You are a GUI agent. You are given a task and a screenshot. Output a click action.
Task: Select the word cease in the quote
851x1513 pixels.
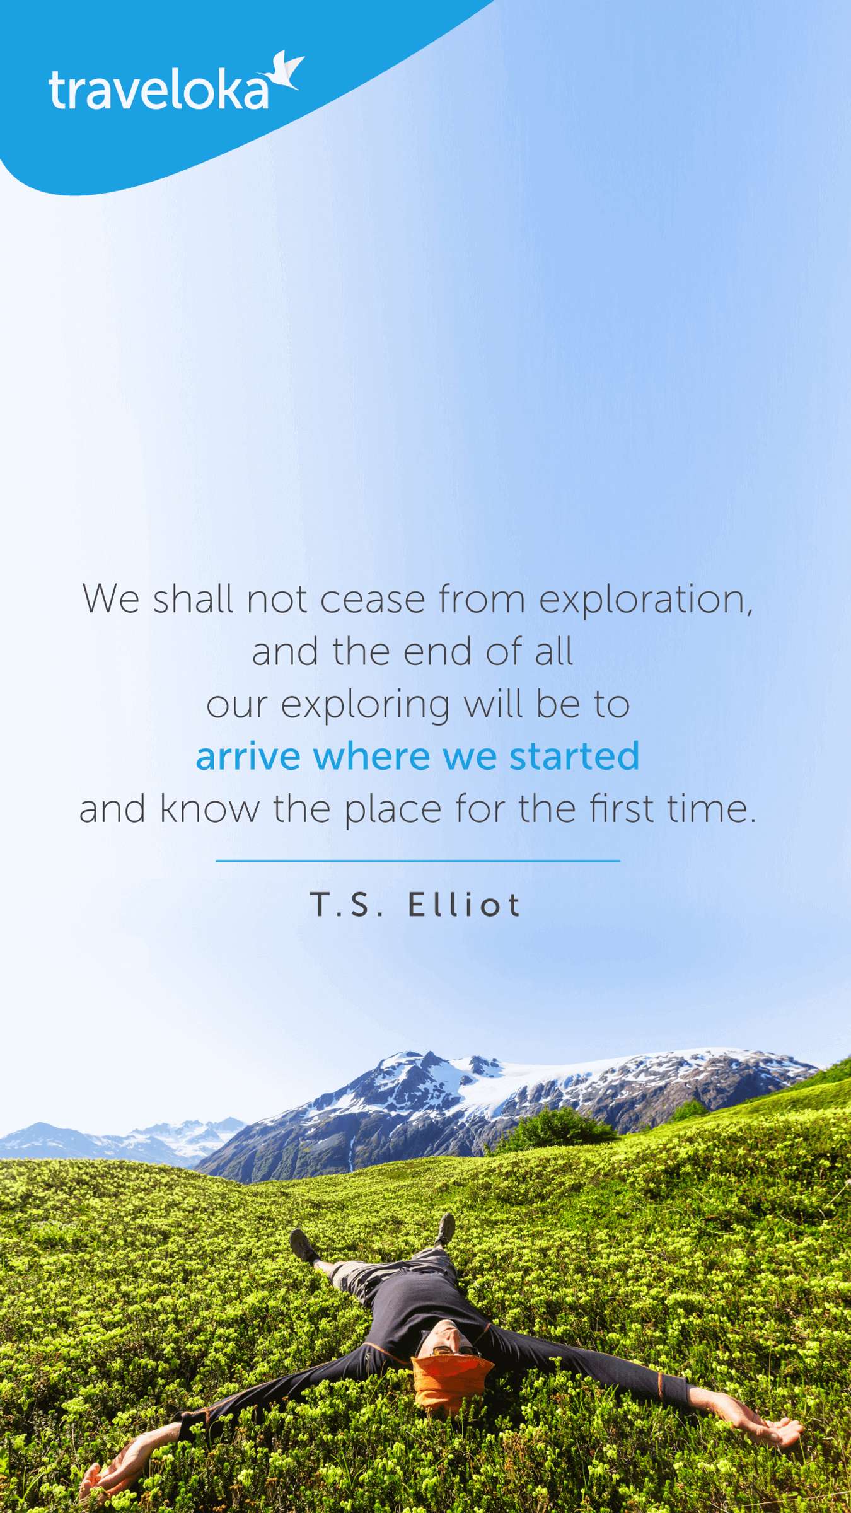(x=372, y=600)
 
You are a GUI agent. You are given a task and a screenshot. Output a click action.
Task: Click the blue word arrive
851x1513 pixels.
(x=248, y=756)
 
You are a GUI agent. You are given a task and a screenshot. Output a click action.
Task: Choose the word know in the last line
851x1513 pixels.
(x=209, y=809)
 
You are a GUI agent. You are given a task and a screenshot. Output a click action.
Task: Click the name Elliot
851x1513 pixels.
(x=465, y=905)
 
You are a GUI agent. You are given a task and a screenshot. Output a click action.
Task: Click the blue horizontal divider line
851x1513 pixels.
(x=418, y=861)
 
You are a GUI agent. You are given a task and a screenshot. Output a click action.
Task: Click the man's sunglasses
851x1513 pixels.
(x=449, y=1350)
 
